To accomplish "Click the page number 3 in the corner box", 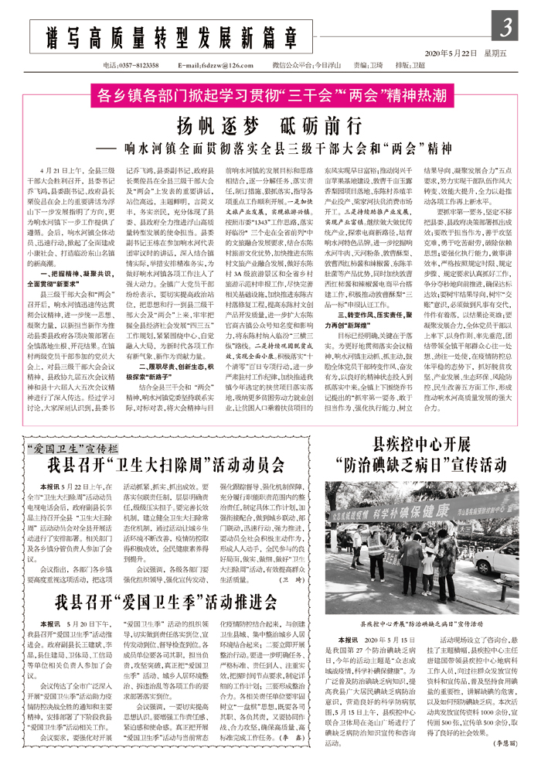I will (x=508, y=29).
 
